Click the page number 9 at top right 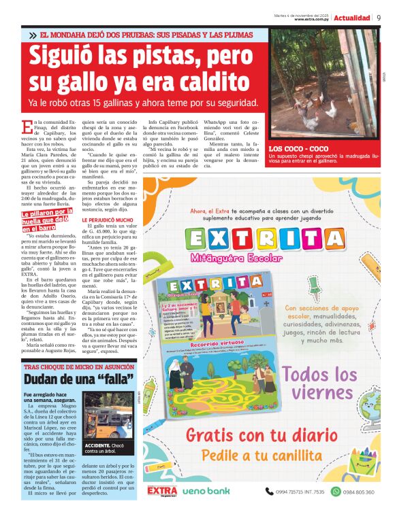click(x=379, y=18)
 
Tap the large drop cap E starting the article click(x=27, y=126)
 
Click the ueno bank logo click(x=205, y=491)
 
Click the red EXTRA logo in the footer click(x=162, y=490)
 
